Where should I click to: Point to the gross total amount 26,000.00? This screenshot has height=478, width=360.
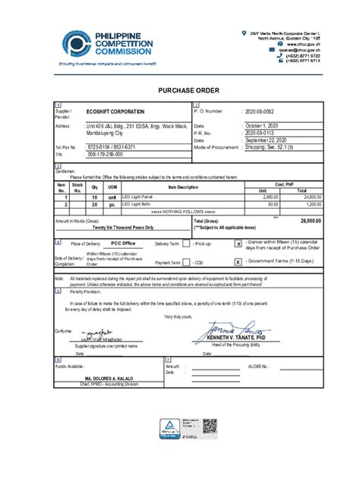pos(310,221)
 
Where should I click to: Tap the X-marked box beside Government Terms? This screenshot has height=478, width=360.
pos(238,262)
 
